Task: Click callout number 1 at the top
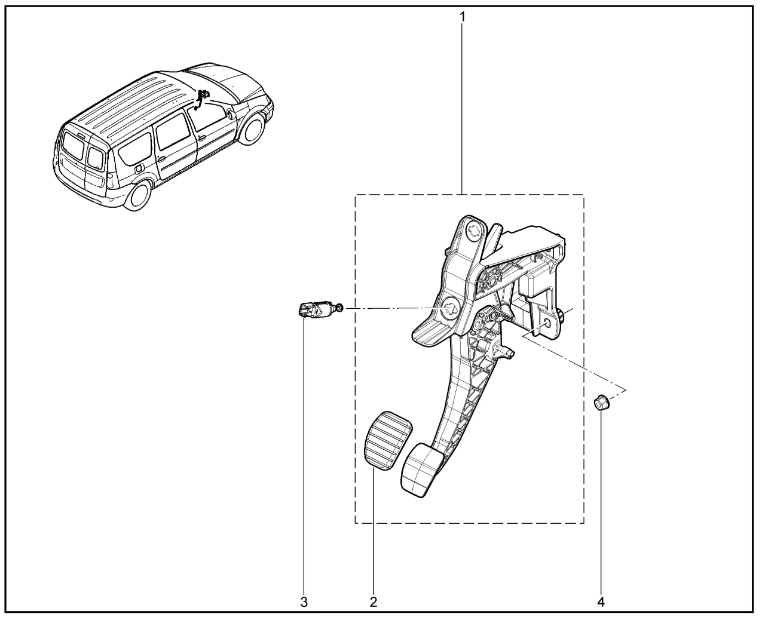[463, 17]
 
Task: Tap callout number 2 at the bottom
[374, 602]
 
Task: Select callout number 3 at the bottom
[304, 602]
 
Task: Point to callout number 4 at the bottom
[601, 602]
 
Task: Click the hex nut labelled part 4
[602, 403]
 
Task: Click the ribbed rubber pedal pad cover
[388, 440]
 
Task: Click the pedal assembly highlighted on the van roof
[201, 99]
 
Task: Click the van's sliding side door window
[173, 131]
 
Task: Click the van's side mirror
[230, 115]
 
